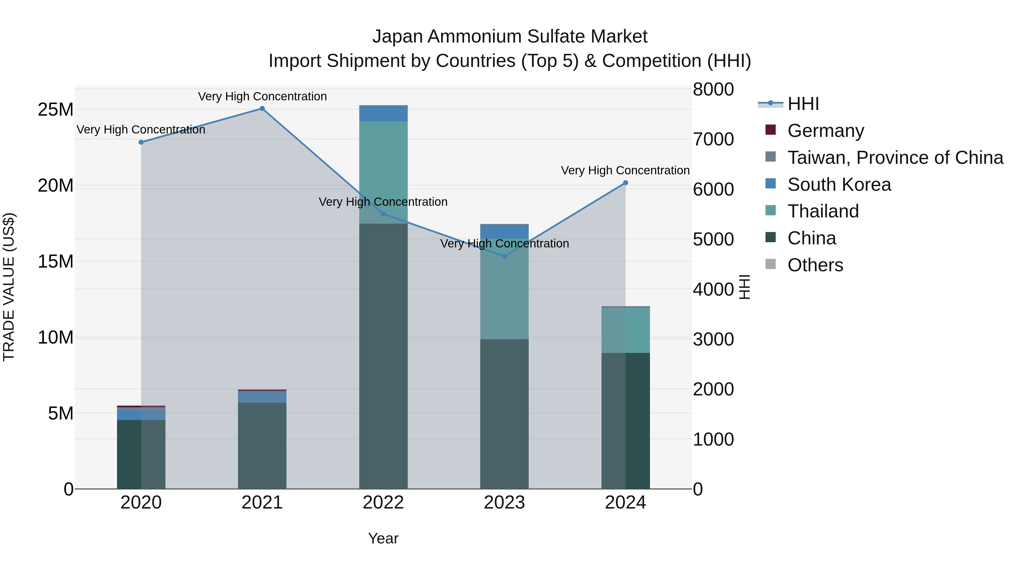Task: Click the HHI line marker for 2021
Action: click(262, 109)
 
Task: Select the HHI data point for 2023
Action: click(504, 256)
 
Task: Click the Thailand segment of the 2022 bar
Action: click(383, 172)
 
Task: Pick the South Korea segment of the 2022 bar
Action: click(383, 114)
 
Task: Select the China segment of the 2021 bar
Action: click(262, 446)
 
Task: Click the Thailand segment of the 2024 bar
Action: click(626, 330)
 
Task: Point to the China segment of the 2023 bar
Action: click(504, 414)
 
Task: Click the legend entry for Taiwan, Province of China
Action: click(895, 158)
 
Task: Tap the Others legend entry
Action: click(815, 265)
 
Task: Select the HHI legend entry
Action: click(803, 104)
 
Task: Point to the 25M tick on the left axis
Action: click(56, 110)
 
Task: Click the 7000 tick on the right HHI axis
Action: click(713, 139)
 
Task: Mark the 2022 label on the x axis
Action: click(383, 503)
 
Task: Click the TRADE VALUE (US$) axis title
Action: click(9, 287)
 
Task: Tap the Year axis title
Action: click(383, 538)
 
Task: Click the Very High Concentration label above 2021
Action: click(262, 97)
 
